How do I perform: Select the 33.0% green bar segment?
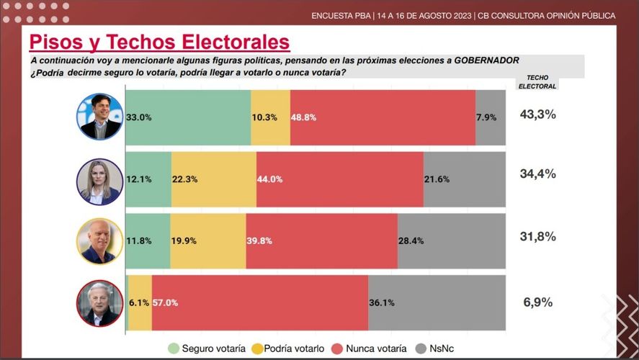[188, 117]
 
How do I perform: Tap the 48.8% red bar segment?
[383, 117]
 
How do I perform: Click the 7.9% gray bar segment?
[491, 117]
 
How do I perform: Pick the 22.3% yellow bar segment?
[214, 179]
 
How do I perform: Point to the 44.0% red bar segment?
[339, 179]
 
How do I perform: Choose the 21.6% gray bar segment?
[465, 179]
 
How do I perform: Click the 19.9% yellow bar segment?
[208, 240]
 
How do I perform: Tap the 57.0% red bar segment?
[260, 302]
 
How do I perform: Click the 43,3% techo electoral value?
[537, 114]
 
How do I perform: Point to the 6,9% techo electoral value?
[537, 302]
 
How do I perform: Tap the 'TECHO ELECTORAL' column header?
[537, 81]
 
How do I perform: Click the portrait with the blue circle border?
[100, 117]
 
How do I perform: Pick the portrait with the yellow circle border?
[100, 241]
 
